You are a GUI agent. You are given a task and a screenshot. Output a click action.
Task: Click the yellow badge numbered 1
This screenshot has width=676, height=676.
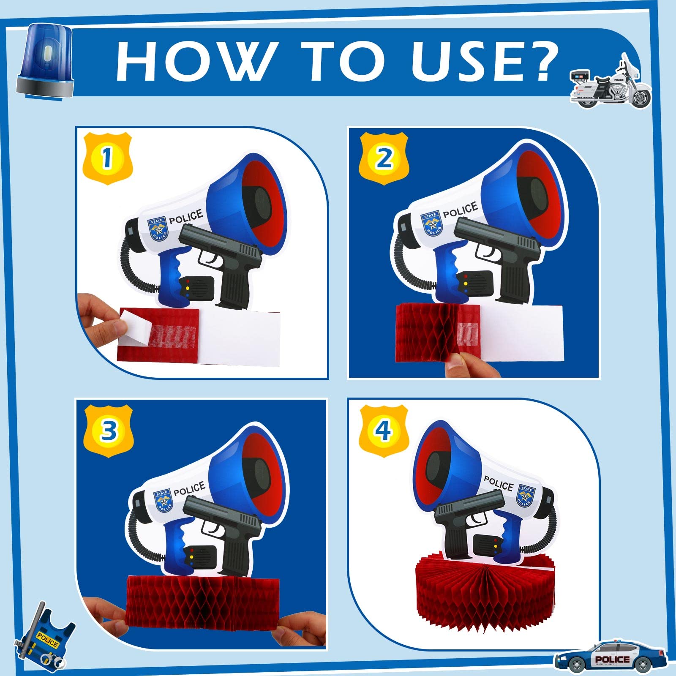point(107,158)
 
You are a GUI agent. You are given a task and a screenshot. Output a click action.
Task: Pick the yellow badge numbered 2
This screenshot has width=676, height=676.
point(384,158)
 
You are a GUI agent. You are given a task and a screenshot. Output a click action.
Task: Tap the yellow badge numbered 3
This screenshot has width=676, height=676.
point(109,431)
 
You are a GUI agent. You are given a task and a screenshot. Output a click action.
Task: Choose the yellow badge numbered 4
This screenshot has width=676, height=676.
point(384,431)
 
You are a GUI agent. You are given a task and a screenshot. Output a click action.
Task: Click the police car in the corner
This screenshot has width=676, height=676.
point(610,657)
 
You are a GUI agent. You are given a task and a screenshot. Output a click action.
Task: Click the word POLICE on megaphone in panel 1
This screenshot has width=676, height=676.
point(186,217)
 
